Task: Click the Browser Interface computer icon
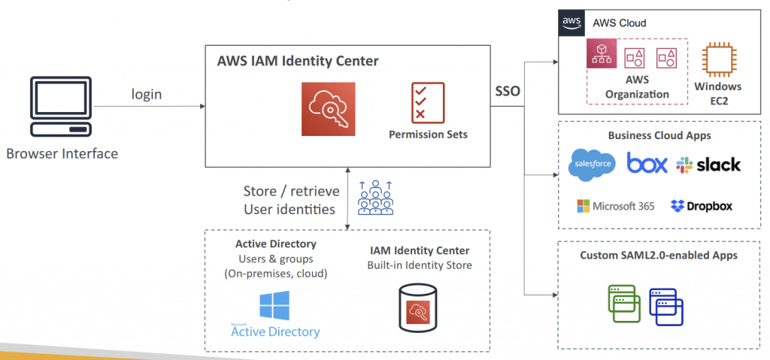point(61,107)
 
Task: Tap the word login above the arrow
point(147,94)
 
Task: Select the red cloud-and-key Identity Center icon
point(328,109)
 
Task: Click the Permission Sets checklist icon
point(428,103)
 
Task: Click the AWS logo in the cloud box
point(571,23)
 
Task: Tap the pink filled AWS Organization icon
point(601,54)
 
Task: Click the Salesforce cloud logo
point(592,165)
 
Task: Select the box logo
point(647,162)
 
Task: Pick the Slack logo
point(708,165)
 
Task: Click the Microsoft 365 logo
point(616,206)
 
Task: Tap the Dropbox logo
point(702,206)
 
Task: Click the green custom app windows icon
point(624,304)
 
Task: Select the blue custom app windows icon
point(666,307)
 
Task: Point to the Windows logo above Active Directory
point(274,305)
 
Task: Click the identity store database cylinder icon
point(417,307)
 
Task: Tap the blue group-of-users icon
point(376,198)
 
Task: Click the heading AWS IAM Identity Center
point(298,62)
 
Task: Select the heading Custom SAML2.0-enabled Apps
point(659,256)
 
